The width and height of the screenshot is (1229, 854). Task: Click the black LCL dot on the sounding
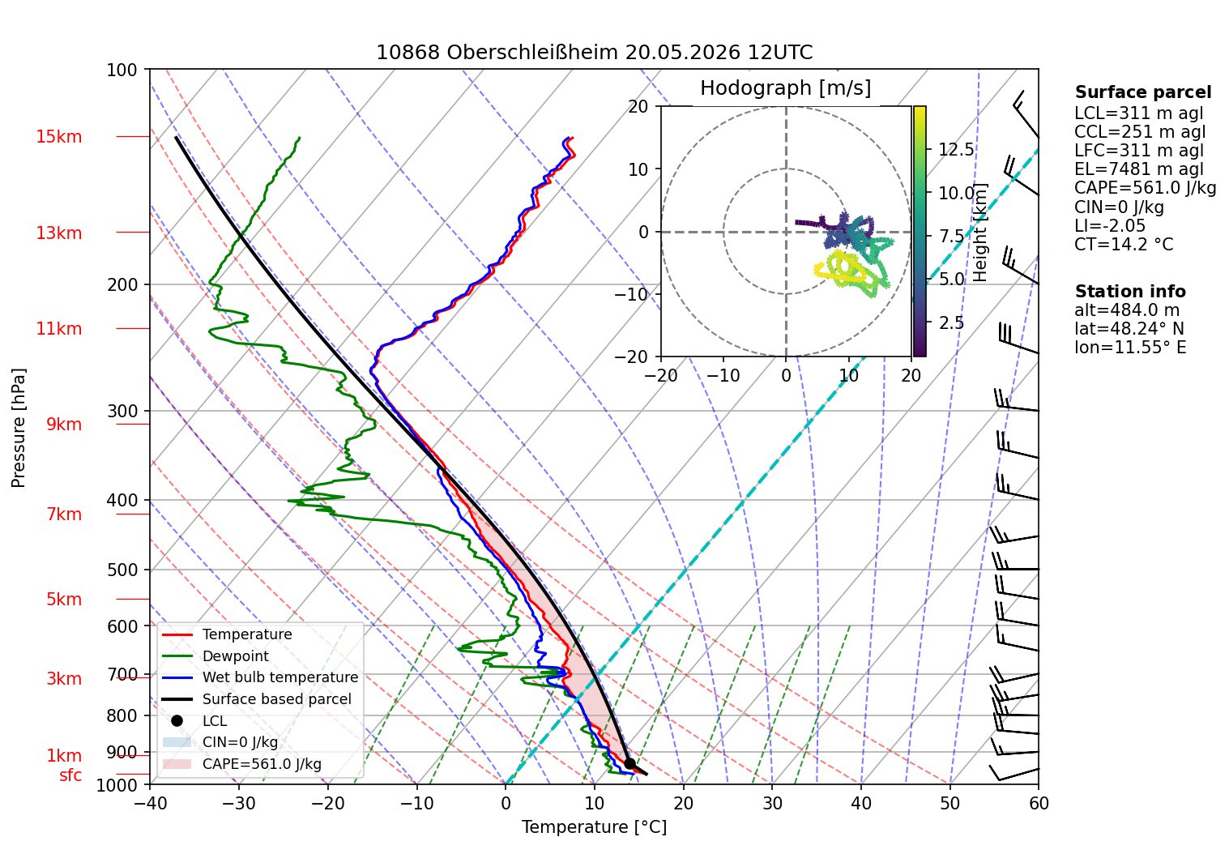click(x=629, y=763)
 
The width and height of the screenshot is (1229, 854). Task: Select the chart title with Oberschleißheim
click(x=594, y=53)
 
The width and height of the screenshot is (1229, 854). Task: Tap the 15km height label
click(x=58, y=137)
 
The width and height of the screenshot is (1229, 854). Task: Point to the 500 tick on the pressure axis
click(x=122, y=570)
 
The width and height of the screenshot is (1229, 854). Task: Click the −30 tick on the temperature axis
click(x=239, y=804)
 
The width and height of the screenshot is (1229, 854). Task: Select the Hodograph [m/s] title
click(x=786, y=88)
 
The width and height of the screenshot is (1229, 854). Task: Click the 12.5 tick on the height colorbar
click(x=956, y=149)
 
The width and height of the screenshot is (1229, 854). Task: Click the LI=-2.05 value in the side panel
click(x=1110, y=225)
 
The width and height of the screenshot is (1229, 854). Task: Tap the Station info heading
click(x=1130, y=292)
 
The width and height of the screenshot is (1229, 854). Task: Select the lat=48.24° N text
click(x=1129, y=329)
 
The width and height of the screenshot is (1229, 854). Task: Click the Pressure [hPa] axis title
click(x=18, y=428)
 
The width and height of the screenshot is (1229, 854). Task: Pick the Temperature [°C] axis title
click(x=594, y=827)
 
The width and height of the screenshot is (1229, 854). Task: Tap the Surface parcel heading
click(x=1143, y=92)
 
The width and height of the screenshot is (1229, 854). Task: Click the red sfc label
click(x=70, y=775)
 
